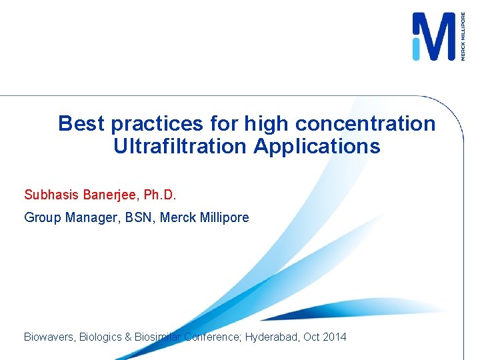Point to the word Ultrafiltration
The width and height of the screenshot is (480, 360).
[181, 147]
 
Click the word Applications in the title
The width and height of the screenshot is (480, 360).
[317, 147]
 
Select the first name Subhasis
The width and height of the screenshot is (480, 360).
[51, 195]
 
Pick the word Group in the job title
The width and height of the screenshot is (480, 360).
[42, 217]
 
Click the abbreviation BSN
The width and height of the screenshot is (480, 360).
[132, 217]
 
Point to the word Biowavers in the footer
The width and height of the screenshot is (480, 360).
[49, 337]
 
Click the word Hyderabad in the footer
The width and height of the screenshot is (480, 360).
[272, 337]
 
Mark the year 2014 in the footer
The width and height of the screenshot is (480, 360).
[335, 337]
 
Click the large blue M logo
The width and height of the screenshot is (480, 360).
[433, 37]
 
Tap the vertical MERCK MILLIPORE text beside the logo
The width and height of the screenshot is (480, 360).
[463, 37]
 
